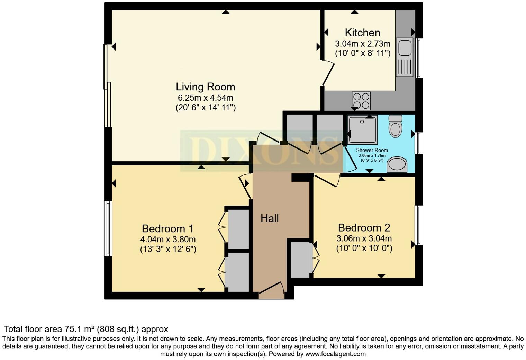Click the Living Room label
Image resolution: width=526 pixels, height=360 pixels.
(x=206, y=87)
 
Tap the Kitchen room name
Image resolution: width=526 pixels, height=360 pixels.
(x=362, y=33)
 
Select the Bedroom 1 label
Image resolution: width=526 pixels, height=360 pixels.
(x=167, y=228)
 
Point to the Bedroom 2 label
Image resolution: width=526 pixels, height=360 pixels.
(x=364, y=227)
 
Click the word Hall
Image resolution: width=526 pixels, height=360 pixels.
(x=270, y=218)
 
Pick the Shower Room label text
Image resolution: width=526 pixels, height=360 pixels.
(x=372, y=150)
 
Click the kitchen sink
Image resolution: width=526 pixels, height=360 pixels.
(x=405, y=57)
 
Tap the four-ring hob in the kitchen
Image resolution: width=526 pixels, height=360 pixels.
(x=361, y=101)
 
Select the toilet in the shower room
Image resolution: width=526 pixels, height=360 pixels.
(x=396, y=126)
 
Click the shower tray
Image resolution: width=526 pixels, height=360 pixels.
(x=362, y=129)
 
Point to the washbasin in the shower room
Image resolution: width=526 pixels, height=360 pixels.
(x=397, y=164)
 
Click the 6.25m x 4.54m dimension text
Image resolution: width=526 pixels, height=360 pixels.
(x=206, y=98)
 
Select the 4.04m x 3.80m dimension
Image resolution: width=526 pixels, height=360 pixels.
(x=168, y=239)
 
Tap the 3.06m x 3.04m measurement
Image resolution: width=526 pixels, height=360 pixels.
(x=364, y=238)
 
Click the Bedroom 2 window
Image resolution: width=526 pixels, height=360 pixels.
(x=419, y=225)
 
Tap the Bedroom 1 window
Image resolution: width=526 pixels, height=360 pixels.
(x=108, y=228)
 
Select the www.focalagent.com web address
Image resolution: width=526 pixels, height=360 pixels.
(x=335, y=354)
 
